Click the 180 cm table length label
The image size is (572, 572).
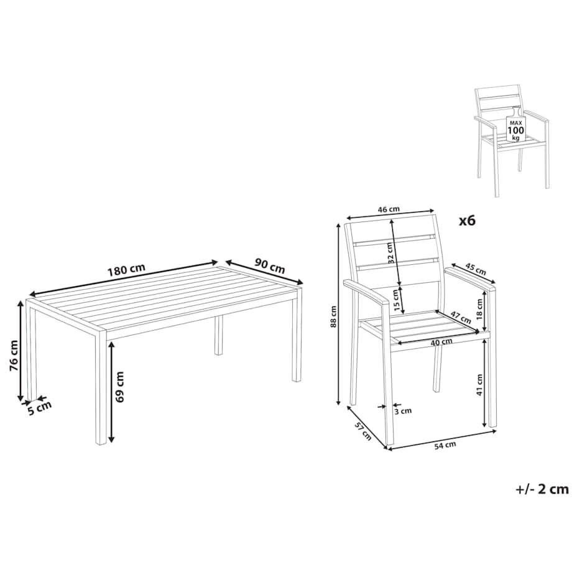pyautogui.click(x=126, y=269)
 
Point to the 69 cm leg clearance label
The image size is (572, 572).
pyautogui.click(x=119, y=387)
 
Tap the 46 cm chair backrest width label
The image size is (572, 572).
pyautogui.click(x=388, y=210)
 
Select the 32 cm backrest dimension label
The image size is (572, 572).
pyautogui.click(x=391, y=252)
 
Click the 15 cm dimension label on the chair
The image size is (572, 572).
pyautogui.click(x=396, y=300)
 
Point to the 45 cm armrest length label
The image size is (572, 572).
pyautogui.click(x=476, y=270)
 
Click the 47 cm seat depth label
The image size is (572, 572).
pyautogui.click(x=460, y=316)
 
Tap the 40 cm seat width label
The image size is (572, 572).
pyautogui.click(x=441, y=341)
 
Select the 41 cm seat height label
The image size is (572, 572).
pyautogui.click(x=480, y=384)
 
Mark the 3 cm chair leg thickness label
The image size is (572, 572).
pyautogui.click(x=403, y=411)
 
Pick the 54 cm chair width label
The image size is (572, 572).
pyautogui.click(x=445, y=445)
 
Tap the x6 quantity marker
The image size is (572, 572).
pyautogui.click(x=467, y=220)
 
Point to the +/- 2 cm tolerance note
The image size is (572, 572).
pyautogui.click(x=542, y=489)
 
